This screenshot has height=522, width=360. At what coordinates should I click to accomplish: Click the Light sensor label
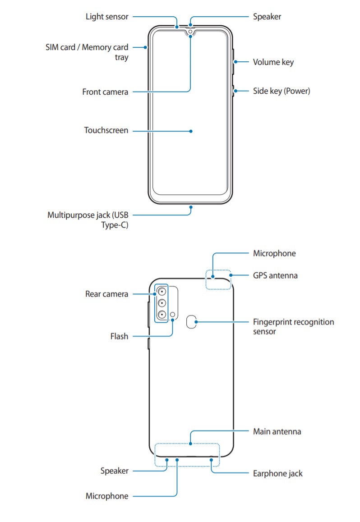coord(107,17)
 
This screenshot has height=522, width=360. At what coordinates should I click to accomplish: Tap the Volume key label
coord(273,62)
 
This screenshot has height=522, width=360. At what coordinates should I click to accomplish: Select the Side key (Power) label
coord(281,91)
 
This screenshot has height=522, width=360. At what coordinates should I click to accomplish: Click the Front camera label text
coord(105,92)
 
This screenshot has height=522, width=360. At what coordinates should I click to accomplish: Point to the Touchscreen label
coord(106,131)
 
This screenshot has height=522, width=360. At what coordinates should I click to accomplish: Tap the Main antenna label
coord(277,431)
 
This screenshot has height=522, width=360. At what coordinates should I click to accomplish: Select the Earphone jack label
coord(277,473)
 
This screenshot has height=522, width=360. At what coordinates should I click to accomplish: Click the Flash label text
coord(119,336)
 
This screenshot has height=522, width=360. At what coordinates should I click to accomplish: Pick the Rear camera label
coord(106,294)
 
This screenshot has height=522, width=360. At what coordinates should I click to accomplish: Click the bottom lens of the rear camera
coord(161,315)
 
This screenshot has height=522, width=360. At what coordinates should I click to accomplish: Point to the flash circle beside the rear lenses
coord(173,315)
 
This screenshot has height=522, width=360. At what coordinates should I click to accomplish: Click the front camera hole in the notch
coord(190,32)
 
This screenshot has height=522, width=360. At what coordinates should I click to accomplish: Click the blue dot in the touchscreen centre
coord(191,131)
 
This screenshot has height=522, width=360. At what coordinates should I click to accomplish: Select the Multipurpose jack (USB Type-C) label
coord(88,220)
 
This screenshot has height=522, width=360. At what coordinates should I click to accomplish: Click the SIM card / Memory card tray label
coord(87,52)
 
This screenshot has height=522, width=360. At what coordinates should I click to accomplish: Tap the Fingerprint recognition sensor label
coord(293,327)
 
